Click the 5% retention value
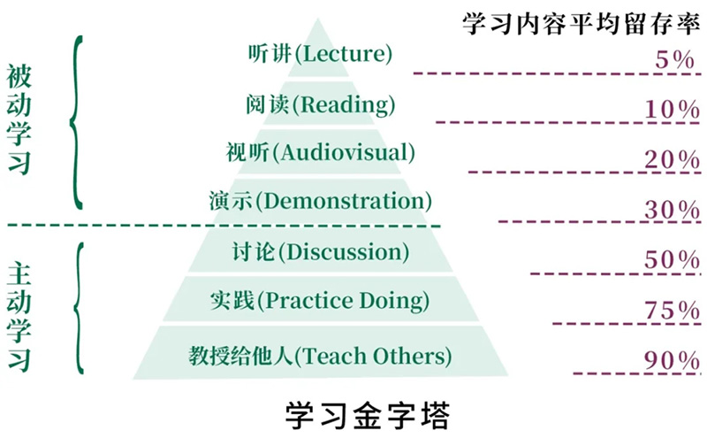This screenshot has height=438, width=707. point(674,59)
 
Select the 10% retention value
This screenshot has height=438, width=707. point(672,109)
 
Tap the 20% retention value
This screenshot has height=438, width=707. point(672,159)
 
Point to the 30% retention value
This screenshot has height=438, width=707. point(672,210)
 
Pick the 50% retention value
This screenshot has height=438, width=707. point(672,259)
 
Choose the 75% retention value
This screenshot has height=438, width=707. point(672,311)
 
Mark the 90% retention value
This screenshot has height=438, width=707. point(672,360)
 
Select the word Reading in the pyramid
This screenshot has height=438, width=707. point(345,104)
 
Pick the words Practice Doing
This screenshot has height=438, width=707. point(345,301)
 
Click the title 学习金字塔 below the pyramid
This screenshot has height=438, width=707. point(368,415)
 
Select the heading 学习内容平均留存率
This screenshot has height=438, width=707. point(582,24)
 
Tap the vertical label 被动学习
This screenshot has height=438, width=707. point(19,119)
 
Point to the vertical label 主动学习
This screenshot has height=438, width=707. point(19,317)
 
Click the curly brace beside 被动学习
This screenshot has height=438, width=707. point(76,122)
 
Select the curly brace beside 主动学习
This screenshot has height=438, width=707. point(79,309)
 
